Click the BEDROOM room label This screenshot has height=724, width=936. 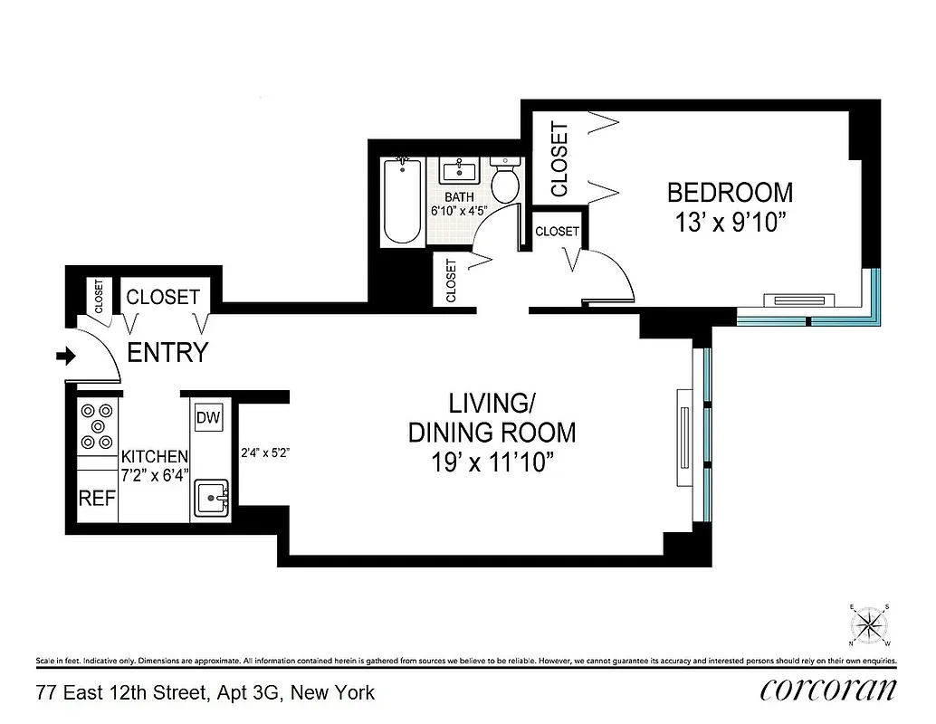pos(730,193)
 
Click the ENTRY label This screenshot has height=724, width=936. pos(167,353)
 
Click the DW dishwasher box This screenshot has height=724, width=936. pos(207,417)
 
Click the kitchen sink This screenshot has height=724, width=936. pos(214,497)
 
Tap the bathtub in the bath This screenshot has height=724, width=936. pos(400,202)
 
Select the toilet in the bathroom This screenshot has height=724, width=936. pos(504,182)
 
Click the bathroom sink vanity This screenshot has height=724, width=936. pos(464,170)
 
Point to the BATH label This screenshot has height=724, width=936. pos(459,196)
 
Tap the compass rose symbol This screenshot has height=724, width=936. pos(872,624)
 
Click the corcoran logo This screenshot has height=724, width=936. pos(828,690)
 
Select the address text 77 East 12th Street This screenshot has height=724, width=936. pos(205,693)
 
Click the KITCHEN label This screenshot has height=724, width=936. pos(155,456)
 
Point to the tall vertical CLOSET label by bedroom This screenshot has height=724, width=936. pos(559,159)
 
